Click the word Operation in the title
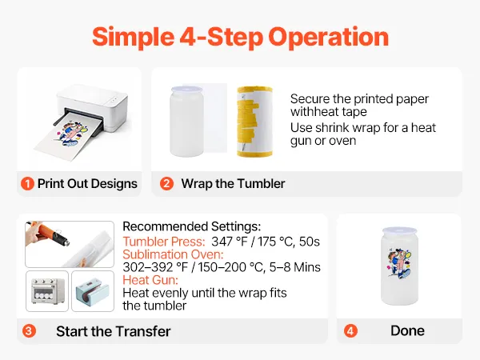(x=329, y=38)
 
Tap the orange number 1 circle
(x=27, y=184)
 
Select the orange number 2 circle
(x=166, y=184)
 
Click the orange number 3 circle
(x=29, y=331)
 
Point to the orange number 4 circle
(x=350, y=331)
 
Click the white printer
(x=92, y=111)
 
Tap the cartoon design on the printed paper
(x=70, y=134)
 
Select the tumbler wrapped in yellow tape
(x=254, y=122)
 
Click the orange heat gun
(x=49, y=234)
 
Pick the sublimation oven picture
(x=47, y=291)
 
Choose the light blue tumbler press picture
(x=93, y=291)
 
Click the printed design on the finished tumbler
(x=399, y=263)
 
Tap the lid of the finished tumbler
(x=399, y=230)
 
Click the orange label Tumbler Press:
(x=164, y=242)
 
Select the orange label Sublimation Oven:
(x=173, y=254)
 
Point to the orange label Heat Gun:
(x=150, y=280)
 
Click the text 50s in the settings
(x=309, y=242)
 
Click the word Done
(x=407, y=330)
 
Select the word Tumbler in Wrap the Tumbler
(x=261, y=184)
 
